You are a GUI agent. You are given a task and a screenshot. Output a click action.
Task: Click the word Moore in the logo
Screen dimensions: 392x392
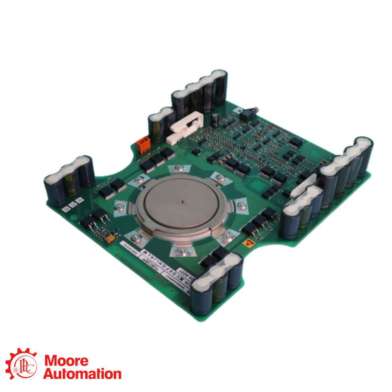(66, 362)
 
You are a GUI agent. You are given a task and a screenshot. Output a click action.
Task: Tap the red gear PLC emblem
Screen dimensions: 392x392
(21, 365)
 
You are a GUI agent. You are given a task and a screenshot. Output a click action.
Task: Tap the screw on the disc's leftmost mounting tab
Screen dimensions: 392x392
(118, 209)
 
